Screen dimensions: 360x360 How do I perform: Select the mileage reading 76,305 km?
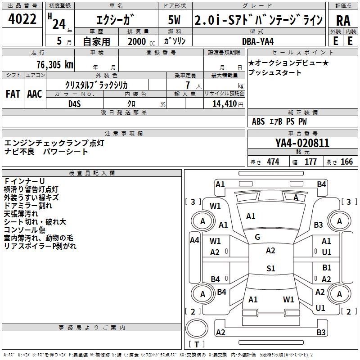pyautogui.click(x=54, y=64)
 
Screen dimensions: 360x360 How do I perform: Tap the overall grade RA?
pyautogui.click(x=343, y=20)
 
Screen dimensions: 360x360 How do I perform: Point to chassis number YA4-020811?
pyautogui.click(x=302, y=144)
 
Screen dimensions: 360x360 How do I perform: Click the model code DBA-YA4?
pyautogui.click(x=255, y=40)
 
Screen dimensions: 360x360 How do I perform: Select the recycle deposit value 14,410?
pyautogui.click(x=222, y=104)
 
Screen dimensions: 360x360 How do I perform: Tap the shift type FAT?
pyautogui.click(x=13, y=94)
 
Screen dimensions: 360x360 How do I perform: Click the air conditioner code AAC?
pyautogui.click(x=35, y=94)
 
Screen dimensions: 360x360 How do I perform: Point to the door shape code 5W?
pyautogui.click(x=175, y=20)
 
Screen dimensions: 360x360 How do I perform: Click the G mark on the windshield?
pyautogui.click(x=257, y=237)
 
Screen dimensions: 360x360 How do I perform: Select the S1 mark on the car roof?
pyautogui.click(x=270, y=269)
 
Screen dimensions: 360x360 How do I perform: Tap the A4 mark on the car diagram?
pyautogui.click(x=194, y=240)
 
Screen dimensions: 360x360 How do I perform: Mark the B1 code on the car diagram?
pyautogui.click(x=327, y=268)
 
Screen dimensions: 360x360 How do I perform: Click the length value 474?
pyautogui.click(x=273, y=162)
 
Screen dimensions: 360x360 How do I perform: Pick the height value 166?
pyautogui.click(x=346, y=162)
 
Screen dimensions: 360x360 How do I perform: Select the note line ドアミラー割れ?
pyautogui.click(x=28, y=206)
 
